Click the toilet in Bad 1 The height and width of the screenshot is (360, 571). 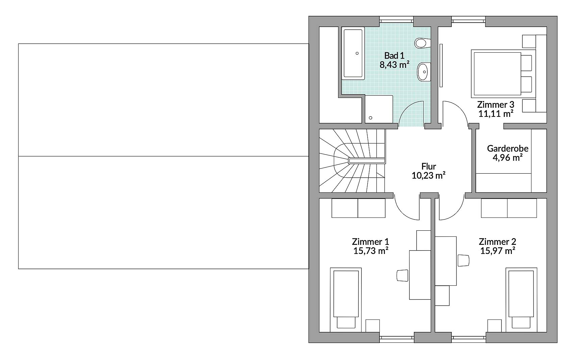pyautogui.click(x=422, y=43)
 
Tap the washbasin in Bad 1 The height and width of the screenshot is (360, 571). pyautogui.click(x=423, y=72)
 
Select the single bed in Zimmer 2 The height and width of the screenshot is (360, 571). pyautogui.click(x=521, y=298)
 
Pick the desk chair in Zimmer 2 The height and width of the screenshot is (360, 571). pyautogui.click(x=463, y=260)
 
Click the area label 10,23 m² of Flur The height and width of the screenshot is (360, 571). pyautogui.click(x=428, y=175)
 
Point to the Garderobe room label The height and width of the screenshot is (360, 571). pyautogui.click(x=507, y=148)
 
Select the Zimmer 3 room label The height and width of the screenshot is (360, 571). pyautogui.click(x=496, y=105)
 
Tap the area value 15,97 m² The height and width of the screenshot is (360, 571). pyautogui.click(x=497, y=251)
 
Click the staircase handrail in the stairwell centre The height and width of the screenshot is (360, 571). pyautogui.click(x=367, y=161)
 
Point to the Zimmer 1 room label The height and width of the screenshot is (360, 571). pyautogui.click(x=370, y=242)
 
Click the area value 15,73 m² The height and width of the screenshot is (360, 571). pyautogui.click(x=370, y=251)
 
